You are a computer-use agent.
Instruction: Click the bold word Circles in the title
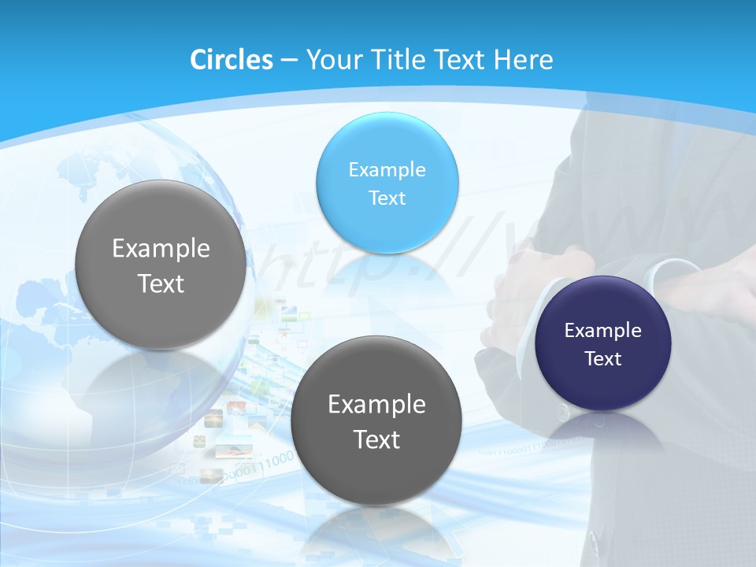point(231,60)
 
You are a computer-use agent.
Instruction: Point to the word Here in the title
point(523,60)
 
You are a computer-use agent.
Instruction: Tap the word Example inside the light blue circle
point(387,169)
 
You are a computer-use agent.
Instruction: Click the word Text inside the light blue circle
point(387,198)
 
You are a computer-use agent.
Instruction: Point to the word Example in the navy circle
point(603,330)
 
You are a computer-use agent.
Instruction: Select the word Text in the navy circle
point(603,358)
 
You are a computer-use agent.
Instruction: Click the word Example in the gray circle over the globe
point(161,249)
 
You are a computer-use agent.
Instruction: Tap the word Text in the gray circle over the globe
point(161,283)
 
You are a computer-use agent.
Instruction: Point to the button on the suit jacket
point(561,413)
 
